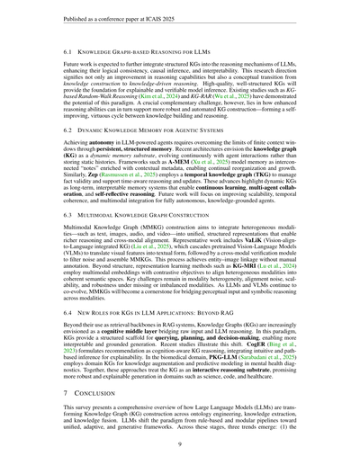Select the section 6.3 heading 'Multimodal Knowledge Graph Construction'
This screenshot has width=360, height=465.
(155, 242)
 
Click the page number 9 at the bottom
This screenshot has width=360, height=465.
(180, 443)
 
